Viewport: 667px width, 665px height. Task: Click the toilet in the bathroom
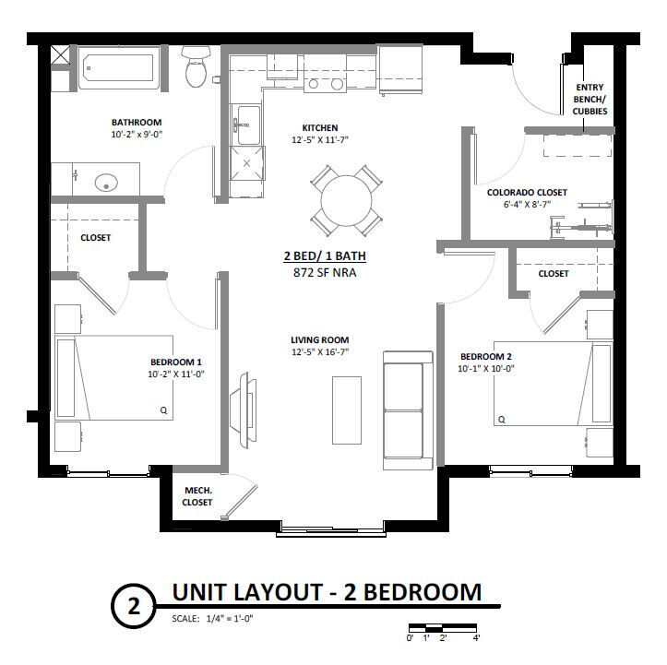(197, 66)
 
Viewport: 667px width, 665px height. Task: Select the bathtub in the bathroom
(119, 68)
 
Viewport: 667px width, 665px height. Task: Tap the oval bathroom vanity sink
(106, 184)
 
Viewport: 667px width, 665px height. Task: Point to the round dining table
(346, 200)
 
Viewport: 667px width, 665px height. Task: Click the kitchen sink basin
(249, 125)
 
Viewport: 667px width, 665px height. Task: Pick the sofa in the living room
(408, 410)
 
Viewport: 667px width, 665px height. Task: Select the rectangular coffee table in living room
(347, 410)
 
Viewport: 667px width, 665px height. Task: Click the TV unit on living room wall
(243, 410)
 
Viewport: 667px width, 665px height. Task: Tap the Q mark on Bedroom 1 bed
(164, 410)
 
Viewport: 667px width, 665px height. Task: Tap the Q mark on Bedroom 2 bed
(502, 420)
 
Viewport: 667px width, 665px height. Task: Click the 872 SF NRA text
(325, 272)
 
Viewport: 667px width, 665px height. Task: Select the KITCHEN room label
(320, 127)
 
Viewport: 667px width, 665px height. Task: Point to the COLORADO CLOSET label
(527, 193)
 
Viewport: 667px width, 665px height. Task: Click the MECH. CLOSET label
(197, 496)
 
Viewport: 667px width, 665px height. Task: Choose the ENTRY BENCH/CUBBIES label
(590, 99)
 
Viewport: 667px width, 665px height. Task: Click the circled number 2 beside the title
(134, 605)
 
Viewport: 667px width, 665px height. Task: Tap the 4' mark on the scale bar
(476, 637)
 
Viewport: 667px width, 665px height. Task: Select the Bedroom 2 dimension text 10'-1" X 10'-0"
(486, 369)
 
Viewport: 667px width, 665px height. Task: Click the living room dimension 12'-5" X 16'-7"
(320, 351)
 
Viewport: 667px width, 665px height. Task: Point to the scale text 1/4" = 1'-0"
(230, 618)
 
